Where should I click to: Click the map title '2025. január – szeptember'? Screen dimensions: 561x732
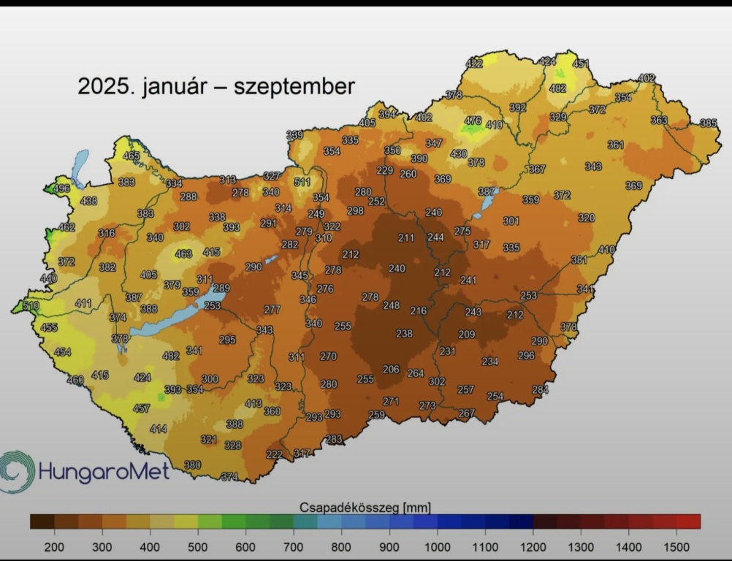(216, 87)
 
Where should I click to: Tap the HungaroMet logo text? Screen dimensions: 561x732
(104, 471)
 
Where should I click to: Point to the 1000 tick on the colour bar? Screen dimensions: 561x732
(437, 546)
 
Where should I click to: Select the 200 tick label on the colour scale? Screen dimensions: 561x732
(54, 546)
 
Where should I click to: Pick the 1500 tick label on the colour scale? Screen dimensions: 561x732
(676, 546)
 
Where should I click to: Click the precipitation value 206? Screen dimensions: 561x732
(391, 370)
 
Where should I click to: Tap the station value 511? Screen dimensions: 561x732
(302, 182)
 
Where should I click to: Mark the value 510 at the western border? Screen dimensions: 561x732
(31, 305)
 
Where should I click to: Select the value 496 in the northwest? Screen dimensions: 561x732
(62, 188)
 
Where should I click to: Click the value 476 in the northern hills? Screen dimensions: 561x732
(473, 121)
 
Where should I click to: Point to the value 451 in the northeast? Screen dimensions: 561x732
(581, 64)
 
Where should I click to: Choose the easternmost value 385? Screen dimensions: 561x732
(708, 123)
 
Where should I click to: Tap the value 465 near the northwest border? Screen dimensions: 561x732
(131, 156)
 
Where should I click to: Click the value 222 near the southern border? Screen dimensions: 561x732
(274, 454)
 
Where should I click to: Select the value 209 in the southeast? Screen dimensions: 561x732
(466, 335)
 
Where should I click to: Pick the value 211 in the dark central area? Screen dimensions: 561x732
(406, 238)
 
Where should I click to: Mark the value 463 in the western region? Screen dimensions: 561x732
(184, 254)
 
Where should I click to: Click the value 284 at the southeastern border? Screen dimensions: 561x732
(540, 389)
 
